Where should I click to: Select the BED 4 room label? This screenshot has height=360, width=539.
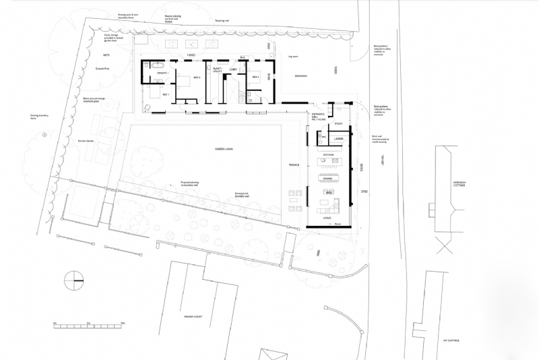coord(256,78)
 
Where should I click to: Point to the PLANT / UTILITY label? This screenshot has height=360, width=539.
coord(218,69)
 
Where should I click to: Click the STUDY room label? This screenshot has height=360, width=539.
coord(339,123)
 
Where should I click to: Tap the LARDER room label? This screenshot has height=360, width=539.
coord(339,138)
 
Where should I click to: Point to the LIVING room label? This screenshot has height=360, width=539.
coord(327,218)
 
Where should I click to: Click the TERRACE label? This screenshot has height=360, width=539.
coord(294,164)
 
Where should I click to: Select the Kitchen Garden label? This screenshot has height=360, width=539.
coord(86,141)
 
